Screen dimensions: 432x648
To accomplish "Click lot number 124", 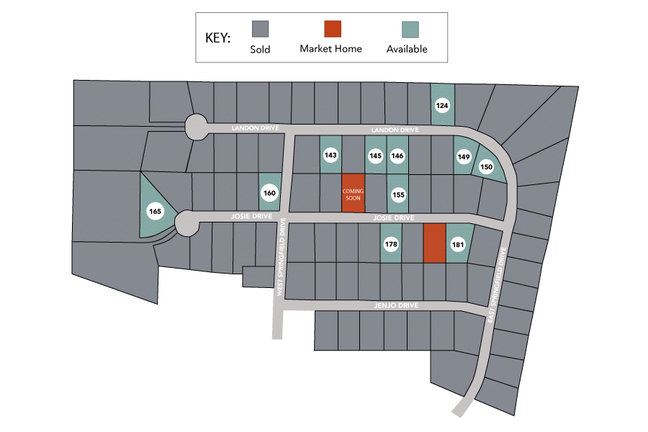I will [443, 106].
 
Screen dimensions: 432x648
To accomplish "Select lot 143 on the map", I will [330, 155].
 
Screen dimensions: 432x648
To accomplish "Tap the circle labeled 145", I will [375, 155].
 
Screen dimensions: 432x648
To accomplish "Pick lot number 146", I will [397, 155].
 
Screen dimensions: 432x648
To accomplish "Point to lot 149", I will [464, 157].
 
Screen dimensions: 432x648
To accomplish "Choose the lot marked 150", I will [487, 167].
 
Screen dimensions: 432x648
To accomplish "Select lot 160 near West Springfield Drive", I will [269, 193].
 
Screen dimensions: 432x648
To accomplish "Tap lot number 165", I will [155, 212].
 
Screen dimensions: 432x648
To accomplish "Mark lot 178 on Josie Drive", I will [391, 244].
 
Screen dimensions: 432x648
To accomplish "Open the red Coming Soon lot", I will [353, 193].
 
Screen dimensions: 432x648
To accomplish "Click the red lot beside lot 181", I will [433, 243].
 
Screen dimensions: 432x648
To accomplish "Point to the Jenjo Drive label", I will [396, 306].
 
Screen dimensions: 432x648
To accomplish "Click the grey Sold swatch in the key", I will [260, 30].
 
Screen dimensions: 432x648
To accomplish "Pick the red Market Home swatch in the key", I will [332, 29].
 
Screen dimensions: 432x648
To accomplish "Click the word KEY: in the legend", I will [217, 38].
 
